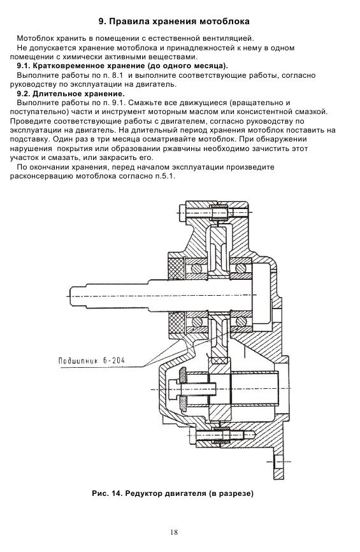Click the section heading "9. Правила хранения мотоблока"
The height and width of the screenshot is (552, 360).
pos(174,22)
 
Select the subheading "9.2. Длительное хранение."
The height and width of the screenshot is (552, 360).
pos(71,94)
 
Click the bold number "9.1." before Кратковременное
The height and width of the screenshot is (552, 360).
pos(24,66)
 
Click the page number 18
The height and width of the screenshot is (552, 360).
pos(174,532)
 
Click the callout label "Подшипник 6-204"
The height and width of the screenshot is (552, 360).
pos(92,361)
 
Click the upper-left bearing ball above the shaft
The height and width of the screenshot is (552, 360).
pos(197,268)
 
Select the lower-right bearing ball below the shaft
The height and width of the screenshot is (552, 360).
pos(241,321)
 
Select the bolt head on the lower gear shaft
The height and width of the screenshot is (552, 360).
pos(173,389)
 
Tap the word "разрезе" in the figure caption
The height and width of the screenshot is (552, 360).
pos(236,493)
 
